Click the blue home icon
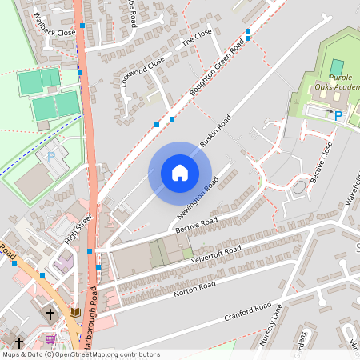click(x=180, y=173)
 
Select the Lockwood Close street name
click(x=143, y=70)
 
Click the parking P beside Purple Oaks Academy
click(x=338, y=117)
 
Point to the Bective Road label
click(x=198, y=226)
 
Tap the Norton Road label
click(x=197, y=287)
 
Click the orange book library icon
click(x=75, y=312)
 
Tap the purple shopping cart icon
click(x=51, y=338)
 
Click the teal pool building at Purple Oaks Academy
click(x=337, y=66)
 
